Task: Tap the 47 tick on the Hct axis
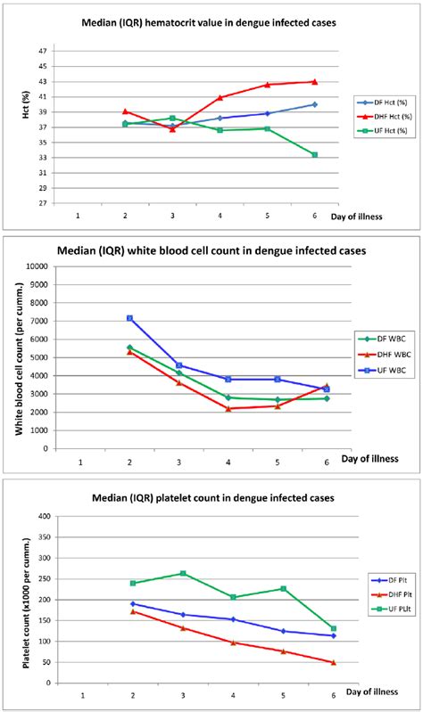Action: click(x=43, y=52)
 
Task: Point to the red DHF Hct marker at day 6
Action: click(x=313, y=82)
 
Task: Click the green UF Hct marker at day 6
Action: click(x=313, y=155)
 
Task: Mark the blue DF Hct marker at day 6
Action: click(x=313, y=104)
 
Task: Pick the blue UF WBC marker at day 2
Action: click(x=130, y=318)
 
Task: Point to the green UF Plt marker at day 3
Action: click(x=181, y=574)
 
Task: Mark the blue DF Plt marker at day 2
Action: click(x=132, y=603)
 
